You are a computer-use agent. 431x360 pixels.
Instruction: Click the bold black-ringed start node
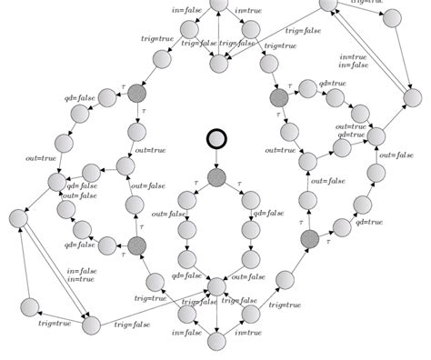(x=216, y=139)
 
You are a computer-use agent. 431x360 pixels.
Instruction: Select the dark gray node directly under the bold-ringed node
(x=216, y=177)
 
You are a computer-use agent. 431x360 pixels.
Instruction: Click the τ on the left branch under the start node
(x=194, y=185)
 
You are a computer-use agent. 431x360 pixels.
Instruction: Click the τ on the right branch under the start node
(x=239, y=185)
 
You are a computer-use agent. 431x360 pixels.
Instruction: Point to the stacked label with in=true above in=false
(x=354, y=60)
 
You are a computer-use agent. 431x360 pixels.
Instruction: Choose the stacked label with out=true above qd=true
(x=353, y=130)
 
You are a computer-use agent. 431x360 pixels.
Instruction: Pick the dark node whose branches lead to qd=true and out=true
(x=279, y=97)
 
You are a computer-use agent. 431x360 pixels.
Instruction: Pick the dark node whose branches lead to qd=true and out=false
(x=309, y=238)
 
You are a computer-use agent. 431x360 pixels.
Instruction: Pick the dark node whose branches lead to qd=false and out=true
(x=137, y=92)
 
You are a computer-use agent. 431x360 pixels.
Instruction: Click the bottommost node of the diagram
(x=216, y=342)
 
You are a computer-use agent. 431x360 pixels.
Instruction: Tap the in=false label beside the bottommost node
(x=186, y=333)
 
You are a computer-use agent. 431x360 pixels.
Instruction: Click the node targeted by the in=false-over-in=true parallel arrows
(x=91, y=325)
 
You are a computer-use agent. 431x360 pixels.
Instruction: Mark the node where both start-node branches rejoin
(x=216, y=287)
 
